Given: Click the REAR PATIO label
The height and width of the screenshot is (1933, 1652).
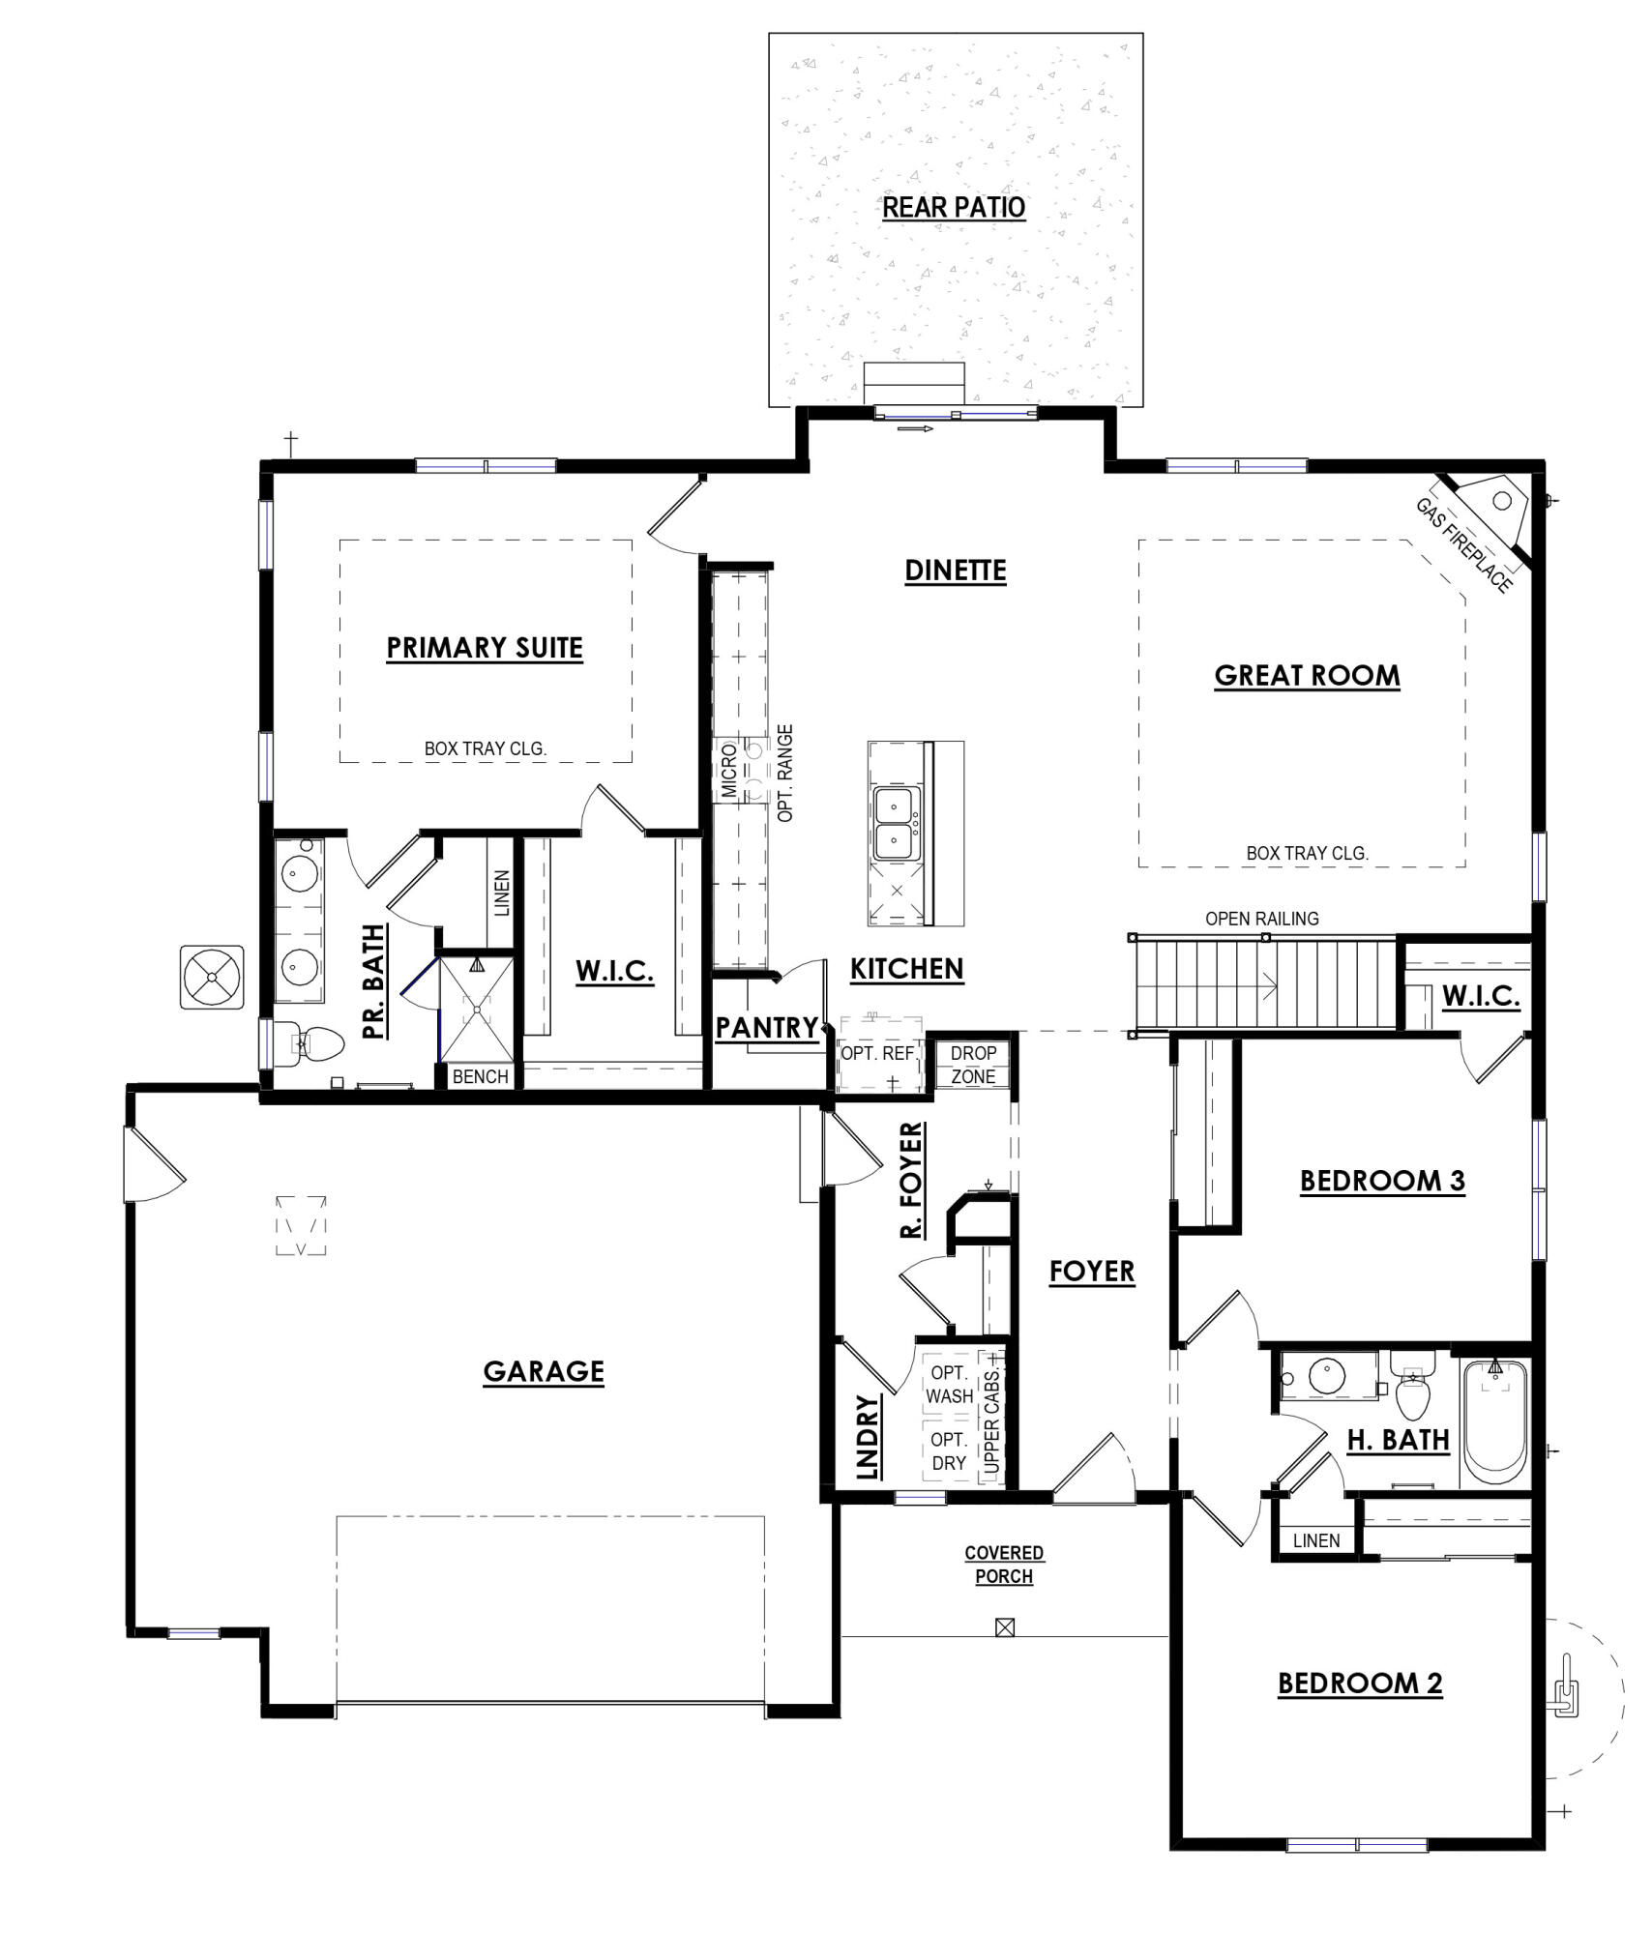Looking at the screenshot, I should [953, 208].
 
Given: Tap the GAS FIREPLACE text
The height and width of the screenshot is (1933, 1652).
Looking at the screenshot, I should [1462, 545].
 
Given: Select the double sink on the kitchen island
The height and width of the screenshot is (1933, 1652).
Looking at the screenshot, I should [897, 824].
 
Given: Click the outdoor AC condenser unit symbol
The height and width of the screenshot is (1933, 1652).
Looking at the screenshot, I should [212, 978].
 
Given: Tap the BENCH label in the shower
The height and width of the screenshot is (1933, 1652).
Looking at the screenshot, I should [480, 1076].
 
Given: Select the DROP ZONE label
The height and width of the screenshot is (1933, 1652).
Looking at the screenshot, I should [973, 1064].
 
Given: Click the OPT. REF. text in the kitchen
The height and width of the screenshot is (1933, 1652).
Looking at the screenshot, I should [877, 1053].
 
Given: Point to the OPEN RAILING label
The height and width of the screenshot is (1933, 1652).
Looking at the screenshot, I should [1261, 919].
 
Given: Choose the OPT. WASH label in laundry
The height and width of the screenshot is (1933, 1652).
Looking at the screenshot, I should [949, 1384].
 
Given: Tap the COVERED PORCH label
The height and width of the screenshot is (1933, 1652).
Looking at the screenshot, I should [1004, 1564].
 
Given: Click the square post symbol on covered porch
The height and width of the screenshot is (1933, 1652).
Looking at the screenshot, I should [1004, 1627].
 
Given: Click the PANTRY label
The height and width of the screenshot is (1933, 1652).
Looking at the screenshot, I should [766, 1028].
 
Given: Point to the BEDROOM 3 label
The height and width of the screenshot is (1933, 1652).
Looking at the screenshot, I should [1381, 1181].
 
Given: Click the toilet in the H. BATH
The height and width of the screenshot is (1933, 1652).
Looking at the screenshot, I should [1412, 1390].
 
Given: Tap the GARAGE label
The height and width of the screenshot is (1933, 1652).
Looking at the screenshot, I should [544, 1371].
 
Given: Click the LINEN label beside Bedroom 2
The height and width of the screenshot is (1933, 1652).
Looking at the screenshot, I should [1316, 1540].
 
